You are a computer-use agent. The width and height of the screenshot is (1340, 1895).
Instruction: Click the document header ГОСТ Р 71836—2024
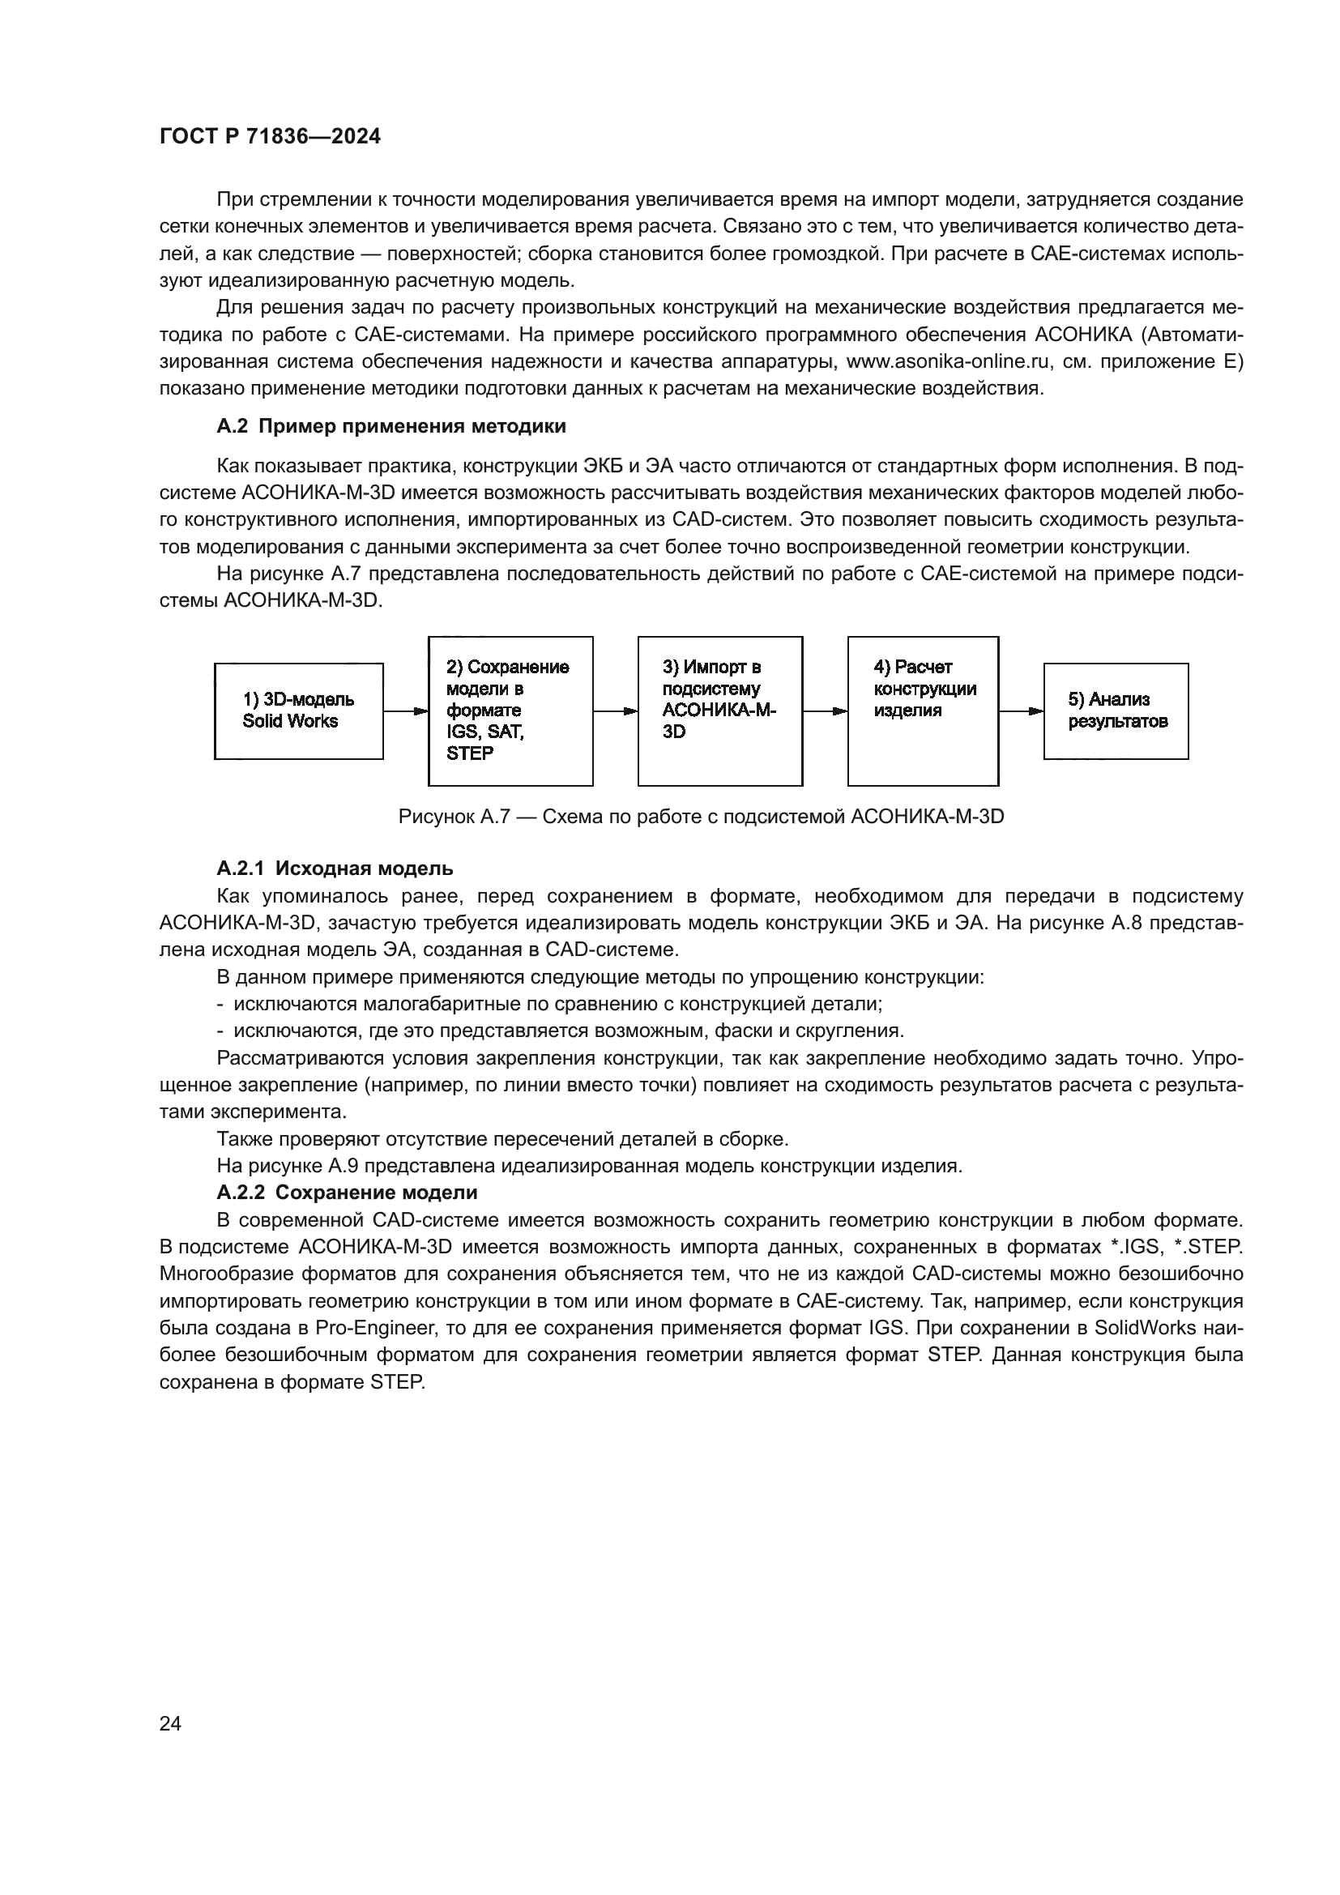270,137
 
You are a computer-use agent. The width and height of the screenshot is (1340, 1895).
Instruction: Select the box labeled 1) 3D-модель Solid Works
299,711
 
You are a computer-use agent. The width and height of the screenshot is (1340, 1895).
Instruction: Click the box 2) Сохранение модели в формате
510,711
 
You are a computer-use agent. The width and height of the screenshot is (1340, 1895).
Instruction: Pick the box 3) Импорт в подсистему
719,711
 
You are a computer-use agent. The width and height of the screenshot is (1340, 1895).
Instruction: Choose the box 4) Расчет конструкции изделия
923,711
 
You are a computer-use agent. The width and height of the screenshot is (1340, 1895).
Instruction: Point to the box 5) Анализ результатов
1116,711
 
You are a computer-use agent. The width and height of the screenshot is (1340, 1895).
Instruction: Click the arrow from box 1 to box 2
405,711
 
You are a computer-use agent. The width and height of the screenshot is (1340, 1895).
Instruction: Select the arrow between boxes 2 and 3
615,711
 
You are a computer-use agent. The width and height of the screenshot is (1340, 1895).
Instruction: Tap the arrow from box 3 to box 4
825,711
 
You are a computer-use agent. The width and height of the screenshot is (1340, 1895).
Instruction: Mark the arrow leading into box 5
1021,711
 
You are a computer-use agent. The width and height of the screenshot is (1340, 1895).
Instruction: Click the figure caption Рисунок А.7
701,817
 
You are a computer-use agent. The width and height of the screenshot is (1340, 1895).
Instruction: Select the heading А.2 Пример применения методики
391,427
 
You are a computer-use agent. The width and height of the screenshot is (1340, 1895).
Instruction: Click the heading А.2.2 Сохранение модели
347,1193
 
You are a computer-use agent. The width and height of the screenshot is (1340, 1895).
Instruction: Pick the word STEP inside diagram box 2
470,753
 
